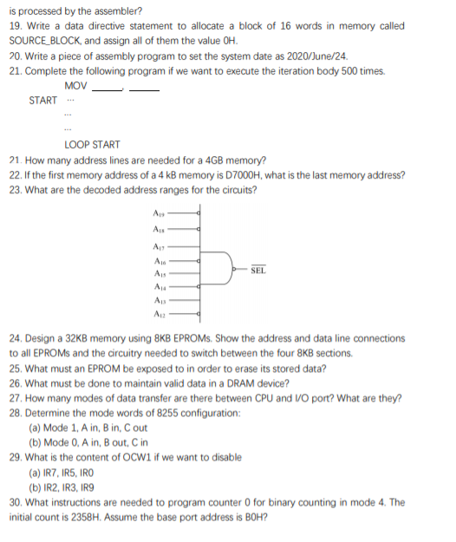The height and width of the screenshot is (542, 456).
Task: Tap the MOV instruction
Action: [x=75, y=86]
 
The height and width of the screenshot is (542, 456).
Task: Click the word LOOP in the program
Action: [x=77, y=144]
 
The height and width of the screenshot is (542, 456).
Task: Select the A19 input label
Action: [x=160, y=211]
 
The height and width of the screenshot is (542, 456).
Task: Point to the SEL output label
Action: [x=257, y=271]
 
